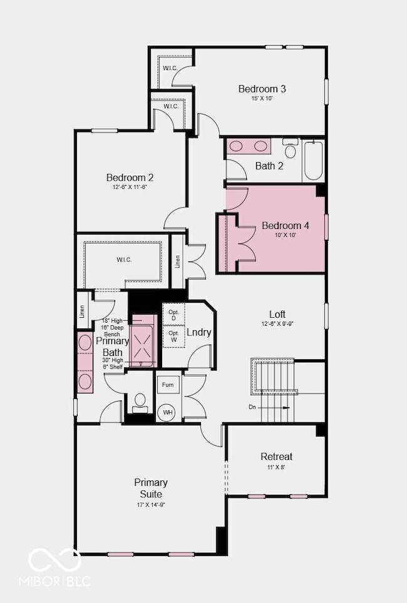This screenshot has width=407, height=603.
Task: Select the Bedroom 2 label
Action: coord(130,178)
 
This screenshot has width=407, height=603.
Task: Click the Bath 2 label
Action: coord(269,166)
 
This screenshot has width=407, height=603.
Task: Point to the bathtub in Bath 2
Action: coord(313,160)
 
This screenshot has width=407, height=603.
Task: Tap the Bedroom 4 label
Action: coord(285,226)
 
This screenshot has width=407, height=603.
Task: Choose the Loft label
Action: coord(277,314)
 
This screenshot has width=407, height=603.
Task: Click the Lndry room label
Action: coord(199,333)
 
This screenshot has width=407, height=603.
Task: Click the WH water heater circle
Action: coord(168,412)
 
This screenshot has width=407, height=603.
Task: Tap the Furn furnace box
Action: coord(168,385)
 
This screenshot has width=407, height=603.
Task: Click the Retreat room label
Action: coord(276,457)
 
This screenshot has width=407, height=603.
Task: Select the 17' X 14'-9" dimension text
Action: coord(150,504)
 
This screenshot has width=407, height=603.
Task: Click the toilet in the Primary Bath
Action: coord(140,401)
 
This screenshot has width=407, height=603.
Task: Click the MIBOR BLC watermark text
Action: coord(59,580)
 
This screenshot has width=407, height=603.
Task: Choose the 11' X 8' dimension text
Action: coord(276,467)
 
